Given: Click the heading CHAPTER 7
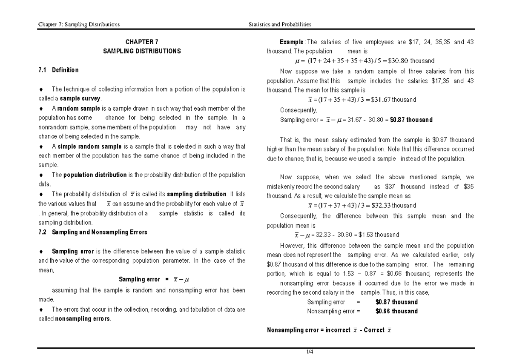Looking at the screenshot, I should (x=142, y=42).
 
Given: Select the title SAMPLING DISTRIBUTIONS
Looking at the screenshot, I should (x=142, y=51).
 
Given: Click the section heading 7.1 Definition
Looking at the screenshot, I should (x=58, y=70).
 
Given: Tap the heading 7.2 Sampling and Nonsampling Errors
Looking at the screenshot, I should (x=93, y=232).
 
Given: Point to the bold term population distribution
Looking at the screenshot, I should (x=95, y=175).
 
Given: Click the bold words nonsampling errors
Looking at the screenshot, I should (x=83, y=319).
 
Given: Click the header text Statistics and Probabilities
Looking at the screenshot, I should (x=280, y=24).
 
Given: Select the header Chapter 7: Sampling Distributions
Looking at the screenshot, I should (x=79, y=24).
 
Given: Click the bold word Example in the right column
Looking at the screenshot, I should (x=291, y=42).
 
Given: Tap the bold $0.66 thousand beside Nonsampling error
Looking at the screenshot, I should (x=396, y=311).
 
